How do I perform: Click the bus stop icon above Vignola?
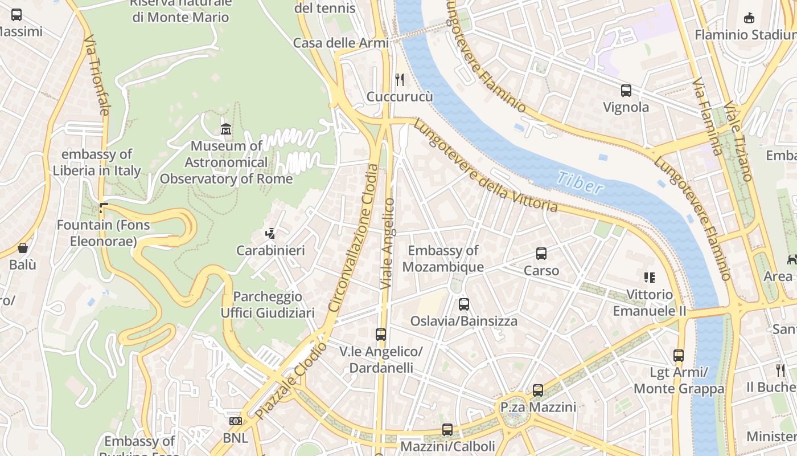[x=626, y=90]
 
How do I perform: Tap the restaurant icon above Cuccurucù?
[x=400, y=79]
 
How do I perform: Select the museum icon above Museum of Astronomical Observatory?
[x=226, y=129]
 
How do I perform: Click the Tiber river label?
[x=580, y=183]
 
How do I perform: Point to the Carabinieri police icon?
[x=270, y=233]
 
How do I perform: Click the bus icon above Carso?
[x=541, y=254]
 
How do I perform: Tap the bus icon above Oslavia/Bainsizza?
[x=464, y=304]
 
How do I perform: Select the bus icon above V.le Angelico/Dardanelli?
[x=381, y=335]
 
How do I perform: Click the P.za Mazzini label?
[x=538, y=407]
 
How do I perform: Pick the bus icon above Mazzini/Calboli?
[x=447, y=430]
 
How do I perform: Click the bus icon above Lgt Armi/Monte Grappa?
[x=679, y=356]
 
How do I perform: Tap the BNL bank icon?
[x=235, y=421]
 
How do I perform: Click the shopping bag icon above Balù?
[x=23, y=248]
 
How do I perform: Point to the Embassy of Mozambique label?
[x=443, y=258]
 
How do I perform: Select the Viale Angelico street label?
[x=388, y=243]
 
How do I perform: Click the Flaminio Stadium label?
[x=745, y=35]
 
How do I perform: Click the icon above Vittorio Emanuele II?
[x=649, y=278]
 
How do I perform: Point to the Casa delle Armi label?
[x=340, y=43]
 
